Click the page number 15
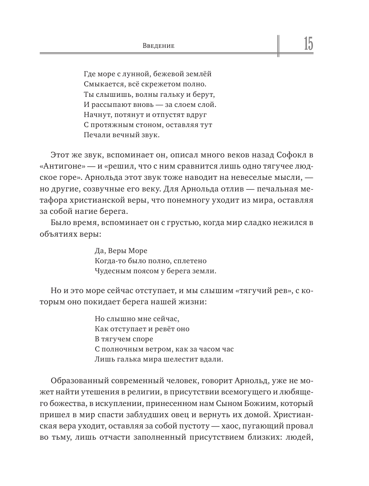[308, 44]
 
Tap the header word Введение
[159, 46]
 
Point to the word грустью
[182, 223]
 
